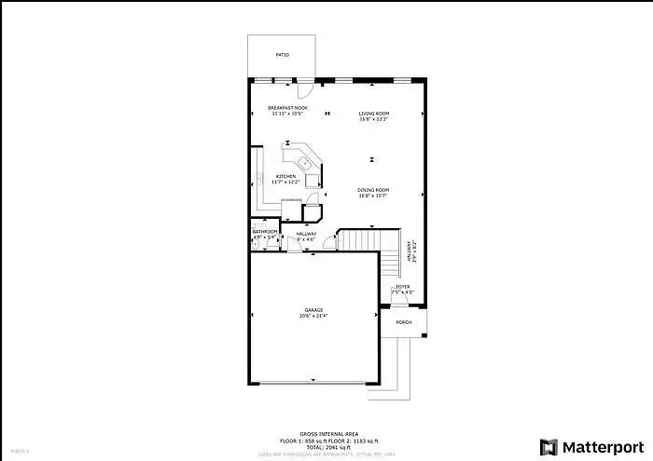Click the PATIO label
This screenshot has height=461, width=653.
(283, 55)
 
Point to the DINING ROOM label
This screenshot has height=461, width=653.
(373, 190)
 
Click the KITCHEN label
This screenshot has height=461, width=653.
(285, 176)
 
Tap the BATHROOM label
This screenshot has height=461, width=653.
(266, 231)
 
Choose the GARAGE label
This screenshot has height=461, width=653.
(313, 310)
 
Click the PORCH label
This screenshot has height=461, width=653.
(404, 322)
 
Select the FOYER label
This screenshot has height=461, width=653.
(402, 287)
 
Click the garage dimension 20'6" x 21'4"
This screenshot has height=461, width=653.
(313, 317)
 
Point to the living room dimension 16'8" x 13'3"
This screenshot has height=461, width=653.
(373, 119)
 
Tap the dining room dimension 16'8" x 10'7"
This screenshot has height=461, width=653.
(373, 196)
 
